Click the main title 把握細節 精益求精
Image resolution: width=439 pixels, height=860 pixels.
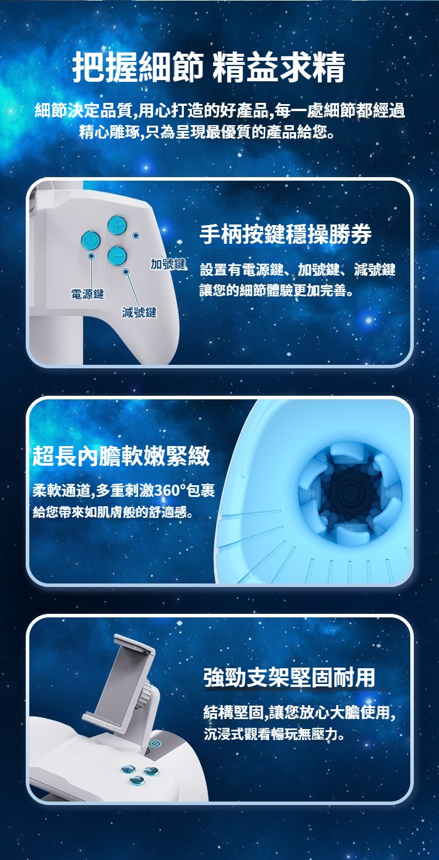[x=209, y=67]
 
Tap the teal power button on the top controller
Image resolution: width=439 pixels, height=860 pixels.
[x=90, y=241]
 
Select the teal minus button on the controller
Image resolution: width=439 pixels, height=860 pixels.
[x=118, y=255]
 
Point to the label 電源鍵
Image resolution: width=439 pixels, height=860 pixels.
[x=87, y=295]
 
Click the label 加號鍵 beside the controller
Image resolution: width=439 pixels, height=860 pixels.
[x=167, y=264]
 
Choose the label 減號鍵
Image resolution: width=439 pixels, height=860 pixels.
[x=139, y=313]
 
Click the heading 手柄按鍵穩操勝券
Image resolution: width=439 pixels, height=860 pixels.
[x=286, y=234]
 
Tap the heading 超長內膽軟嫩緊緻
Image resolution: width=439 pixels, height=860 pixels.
[x=121, y=456]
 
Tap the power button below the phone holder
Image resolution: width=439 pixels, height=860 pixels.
[x=154, y=744]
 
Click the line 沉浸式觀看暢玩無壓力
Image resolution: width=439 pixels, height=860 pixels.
[x=274, y=734]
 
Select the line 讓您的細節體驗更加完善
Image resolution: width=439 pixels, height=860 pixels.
[x=276, y=291]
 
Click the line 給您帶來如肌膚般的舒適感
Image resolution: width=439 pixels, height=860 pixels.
[x=112, y=512]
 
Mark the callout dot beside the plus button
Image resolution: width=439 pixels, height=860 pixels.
[x=135, y=235]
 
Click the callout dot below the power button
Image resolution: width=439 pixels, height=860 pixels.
[x=91, y=255]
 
